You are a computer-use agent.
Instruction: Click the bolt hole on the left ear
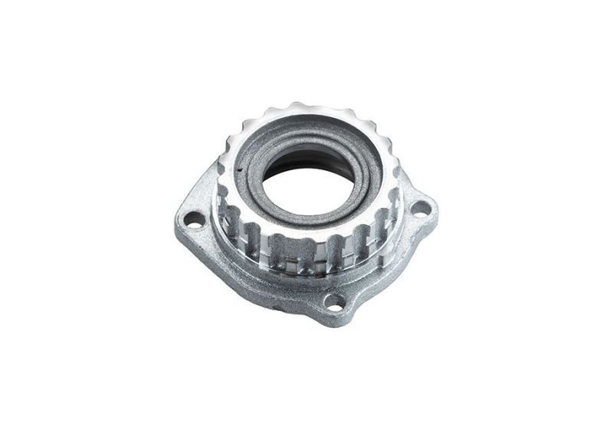[195, 220]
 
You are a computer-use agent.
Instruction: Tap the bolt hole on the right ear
[420, 207]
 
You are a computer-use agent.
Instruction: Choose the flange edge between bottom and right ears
[391, 264]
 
